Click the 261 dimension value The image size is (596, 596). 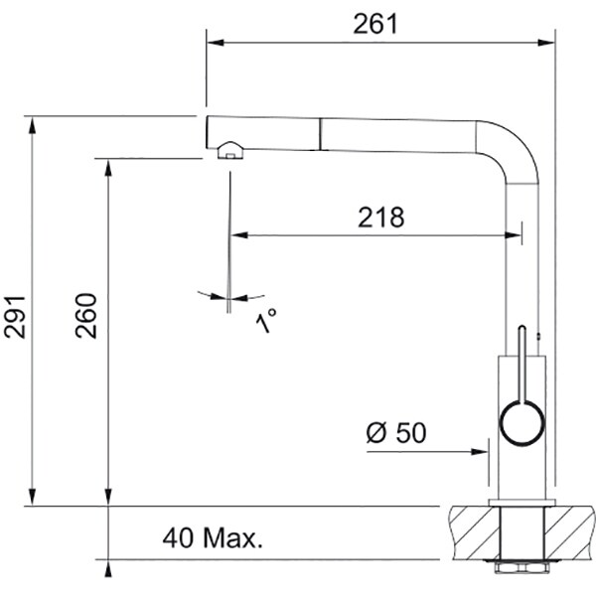[x=375, y=24]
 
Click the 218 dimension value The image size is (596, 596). [x=380, y=218]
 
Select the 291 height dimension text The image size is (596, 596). [x=15, y=317]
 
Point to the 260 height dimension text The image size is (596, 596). [x=85, y=316]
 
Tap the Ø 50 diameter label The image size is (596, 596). [x=396, y=432]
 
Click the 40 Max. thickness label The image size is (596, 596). [x=213, y=538]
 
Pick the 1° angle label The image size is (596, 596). [x=265, y=321]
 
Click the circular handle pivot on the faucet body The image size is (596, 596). [x=521, y=423]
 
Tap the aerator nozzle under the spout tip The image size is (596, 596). [x=230, y=151]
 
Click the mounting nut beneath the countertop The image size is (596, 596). [x=521, y=567]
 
